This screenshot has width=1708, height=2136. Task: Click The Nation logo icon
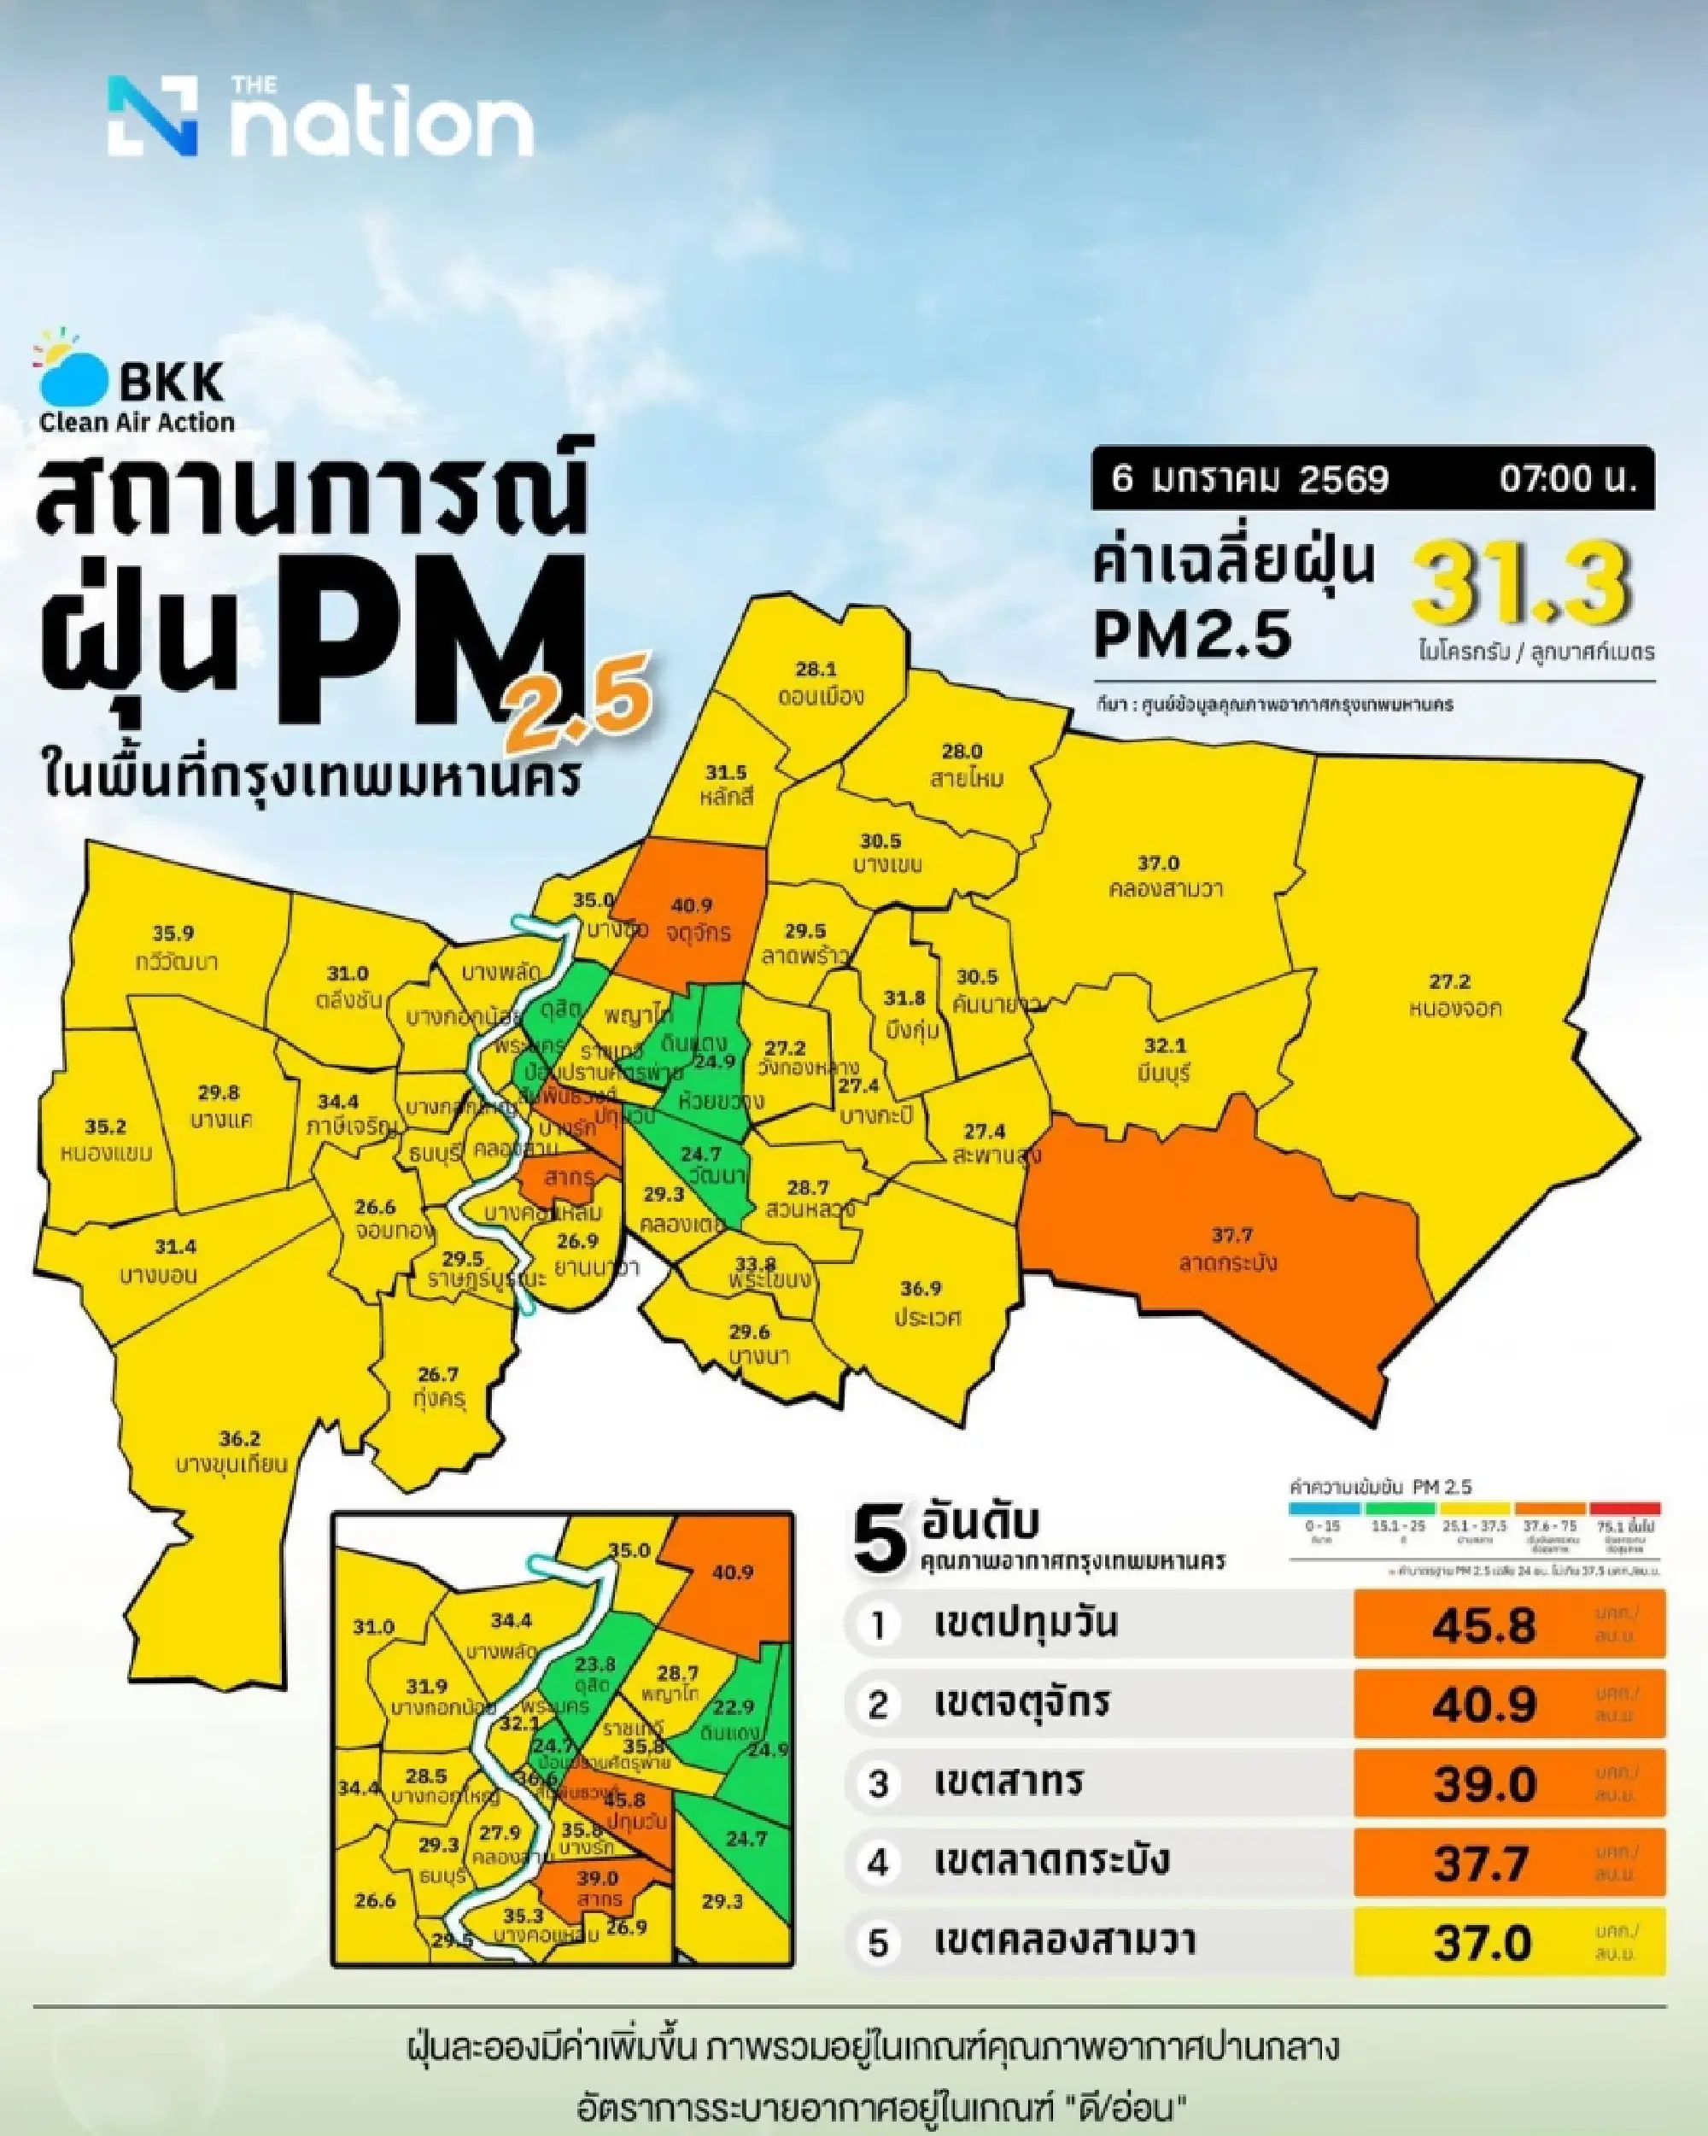pos(154,116)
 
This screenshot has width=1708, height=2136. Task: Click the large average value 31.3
pos(1522,586)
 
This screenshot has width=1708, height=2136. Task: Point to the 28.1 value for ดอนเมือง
pos(816,670)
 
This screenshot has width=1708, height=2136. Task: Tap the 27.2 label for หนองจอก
pos(1448,982)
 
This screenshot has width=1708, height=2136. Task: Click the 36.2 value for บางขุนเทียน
pos(239,1438)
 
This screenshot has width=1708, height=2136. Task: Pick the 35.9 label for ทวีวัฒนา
pos(173,933)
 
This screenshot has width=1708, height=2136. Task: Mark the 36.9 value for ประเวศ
pos(921,1289)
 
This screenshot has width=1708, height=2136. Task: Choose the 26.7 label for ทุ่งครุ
pos(437,1374)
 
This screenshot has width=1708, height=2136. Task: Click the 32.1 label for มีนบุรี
pos(1164,1046)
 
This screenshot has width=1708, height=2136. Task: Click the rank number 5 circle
pos(878,1944)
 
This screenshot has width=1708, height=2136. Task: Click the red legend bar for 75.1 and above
pos(1623,1509)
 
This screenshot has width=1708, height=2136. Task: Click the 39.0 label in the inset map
pos(598,1878)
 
